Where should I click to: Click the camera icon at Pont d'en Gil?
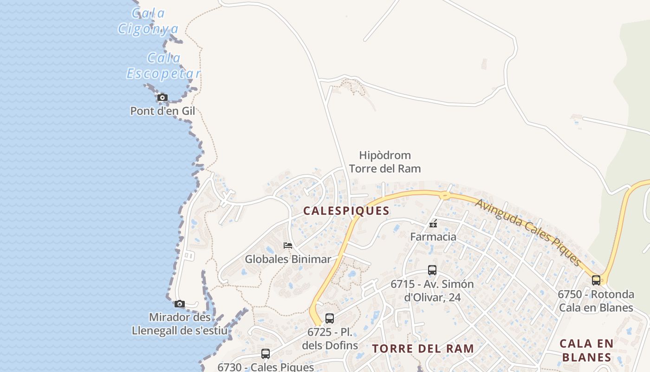pyautogui.click(x=162, y=98)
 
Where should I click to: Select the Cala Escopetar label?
pyautogui.click(x=163, y=66)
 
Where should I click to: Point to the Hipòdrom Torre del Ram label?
pyautogui.click(x=385, y=162)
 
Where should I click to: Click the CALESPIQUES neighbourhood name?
pyautogui.click(x=346, y=211)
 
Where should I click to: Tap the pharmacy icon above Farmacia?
pyautogui.click(x=433, y=224)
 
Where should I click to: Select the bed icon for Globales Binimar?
pyautogui.click(x=288, y=245)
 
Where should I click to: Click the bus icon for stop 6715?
pyautogui.click(x=432, y=270)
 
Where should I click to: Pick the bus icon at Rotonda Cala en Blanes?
pyautogui.click(x=596, y=280)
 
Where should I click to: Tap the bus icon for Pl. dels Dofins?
pyautogui.click(x=330, y=319)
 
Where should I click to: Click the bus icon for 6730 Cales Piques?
pyautogui.click(x=266, y=353)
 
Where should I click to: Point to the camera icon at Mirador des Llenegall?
pyautogui.click(x=180, y=304)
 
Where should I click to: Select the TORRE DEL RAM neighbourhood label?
pyautogui.click(x=423, y=348)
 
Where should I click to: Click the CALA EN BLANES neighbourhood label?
pyautogui.click(x=586, y=350)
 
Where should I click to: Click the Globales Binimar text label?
pyautogui.click(x=288, y=259)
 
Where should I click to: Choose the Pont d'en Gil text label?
pyautogui.click(x=162, y=111)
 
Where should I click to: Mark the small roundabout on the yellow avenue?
pyautogui.click(x=445, y=195)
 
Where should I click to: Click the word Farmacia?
pyautogui.click(x=433, y=237)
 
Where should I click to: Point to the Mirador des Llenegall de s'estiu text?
pyautogui.click(x=180, y=324)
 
